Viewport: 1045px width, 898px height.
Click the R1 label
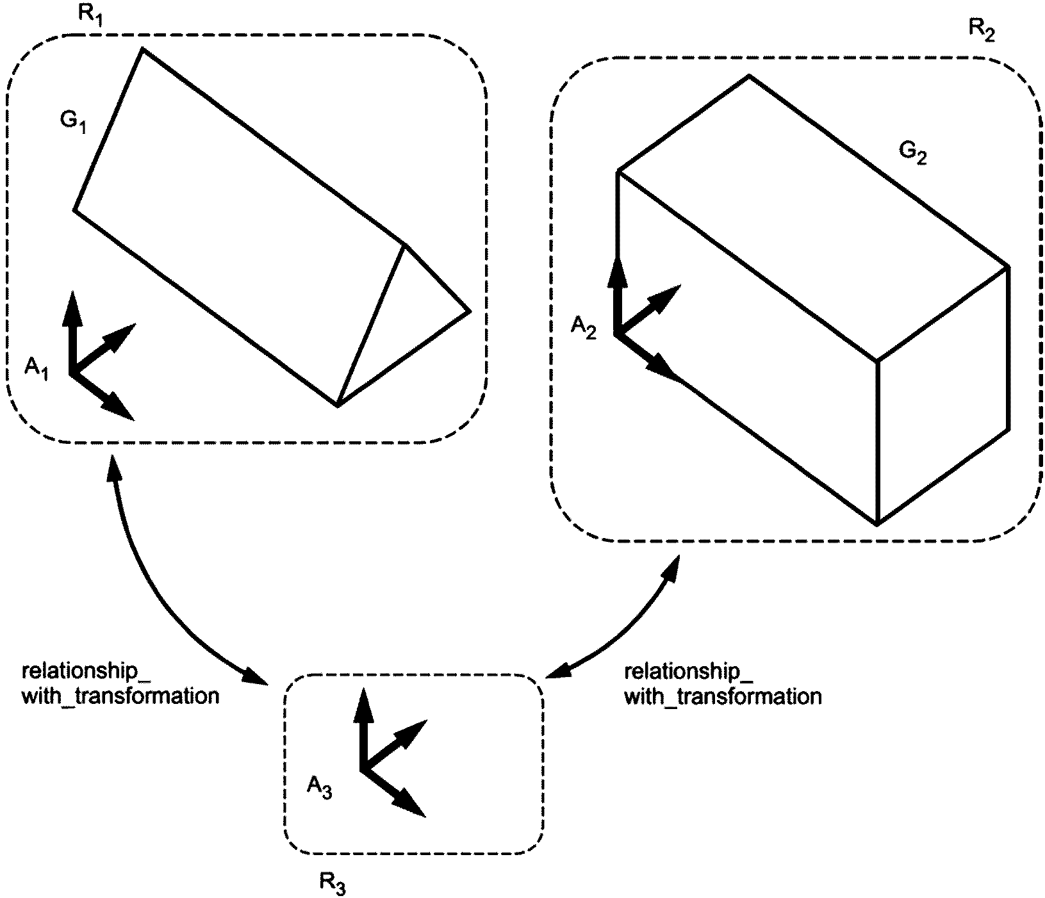[90, 16]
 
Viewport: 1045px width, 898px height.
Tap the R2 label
[981, 32]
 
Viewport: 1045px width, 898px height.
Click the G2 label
[912, 153]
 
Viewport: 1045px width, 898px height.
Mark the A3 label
[319, 787]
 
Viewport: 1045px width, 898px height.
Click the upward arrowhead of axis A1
[72, 306]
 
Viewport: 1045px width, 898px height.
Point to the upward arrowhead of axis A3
[363, 703]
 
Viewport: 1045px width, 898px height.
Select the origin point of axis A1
[72, 373]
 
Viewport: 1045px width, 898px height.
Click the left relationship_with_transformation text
[120, 683]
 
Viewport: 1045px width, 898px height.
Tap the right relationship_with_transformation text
[722, 683]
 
